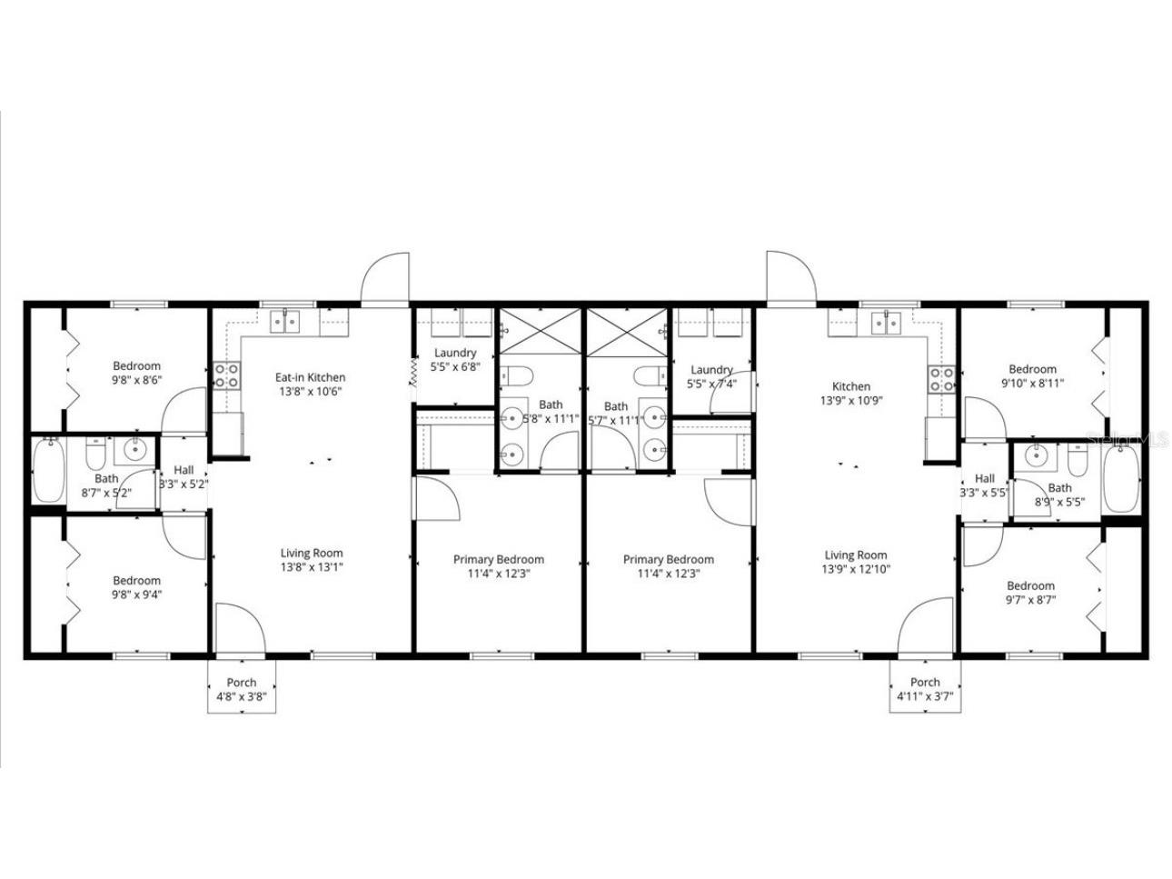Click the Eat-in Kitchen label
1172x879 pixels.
click(310, 377)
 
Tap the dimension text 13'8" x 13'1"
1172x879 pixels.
click(311, 567)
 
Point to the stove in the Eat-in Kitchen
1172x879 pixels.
click(226, 376)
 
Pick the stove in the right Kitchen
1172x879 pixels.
click(941, 379)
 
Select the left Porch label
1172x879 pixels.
click(241, 683)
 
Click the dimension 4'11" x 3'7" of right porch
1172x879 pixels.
click(925, 697)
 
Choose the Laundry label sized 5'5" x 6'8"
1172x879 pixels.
click(455, 353)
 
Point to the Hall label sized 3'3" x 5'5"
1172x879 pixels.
click(985, 478)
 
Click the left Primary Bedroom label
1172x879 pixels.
click(499, 559)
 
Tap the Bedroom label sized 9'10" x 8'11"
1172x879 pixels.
click(1033, 369)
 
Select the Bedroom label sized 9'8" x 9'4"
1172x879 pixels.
click(136, 580)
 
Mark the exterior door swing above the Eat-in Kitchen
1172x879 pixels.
click(385, 280)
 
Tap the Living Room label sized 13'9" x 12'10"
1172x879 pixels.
click(856, 554)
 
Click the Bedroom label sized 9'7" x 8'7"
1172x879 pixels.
click(1030, 585)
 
